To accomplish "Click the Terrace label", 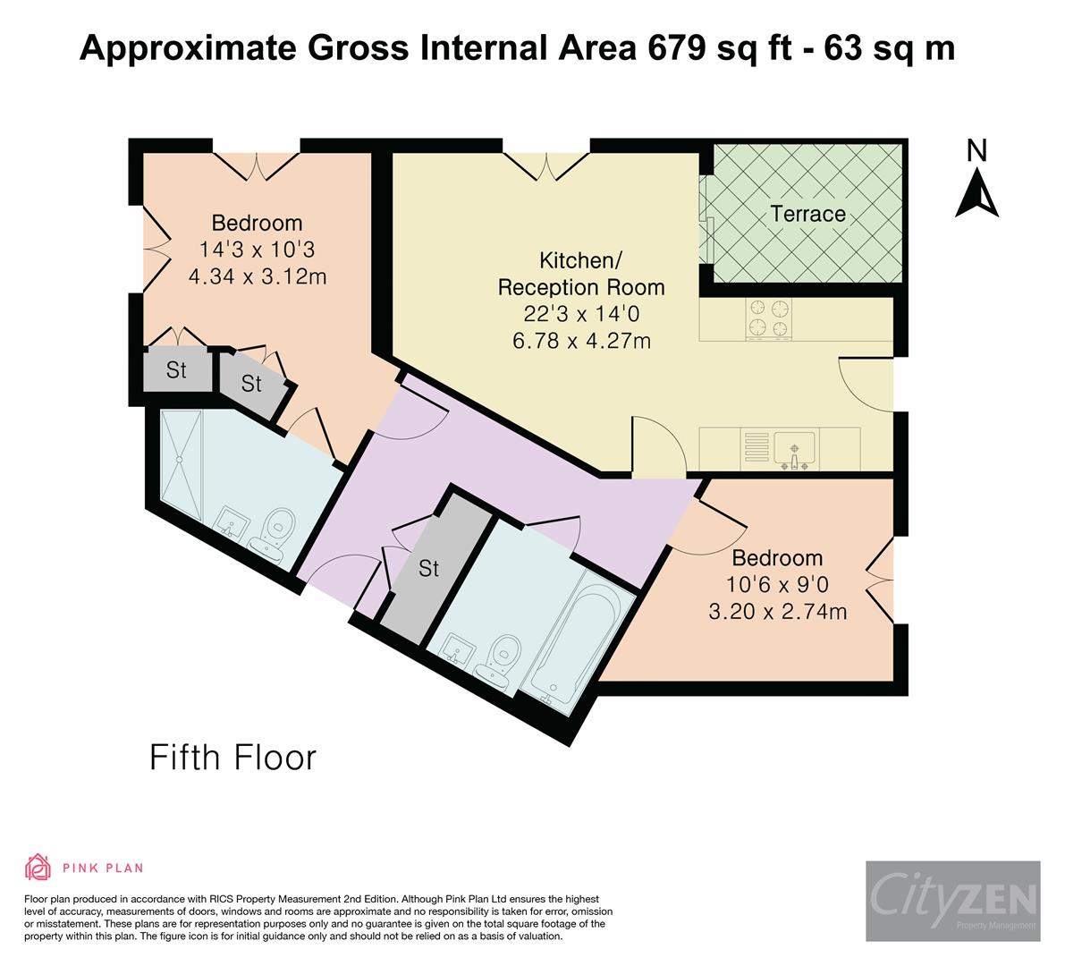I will coord(807,214).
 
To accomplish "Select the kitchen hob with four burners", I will coord(770,319).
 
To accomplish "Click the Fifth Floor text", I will coord(232,758).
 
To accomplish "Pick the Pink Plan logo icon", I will coord(38,867).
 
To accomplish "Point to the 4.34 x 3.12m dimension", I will coord(257,276).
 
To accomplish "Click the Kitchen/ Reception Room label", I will coord(581,274).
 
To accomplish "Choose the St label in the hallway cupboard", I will coord(429,568).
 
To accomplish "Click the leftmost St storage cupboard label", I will coord(176,369).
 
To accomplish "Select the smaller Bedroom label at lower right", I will coord(777,558).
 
